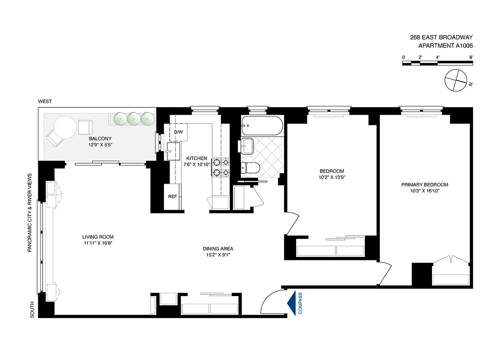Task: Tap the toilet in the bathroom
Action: click(x=250, y=168)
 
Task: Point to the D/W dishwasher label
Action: click(x=179, y=132)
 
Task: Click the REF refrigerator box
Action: click(x=172, y=197)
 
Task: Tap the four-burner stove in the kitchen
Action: click(x=221, y=167)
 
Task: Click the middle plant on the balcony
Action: click(x=134, y=119)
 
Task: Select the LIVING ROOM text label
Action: click(x=98, y=237)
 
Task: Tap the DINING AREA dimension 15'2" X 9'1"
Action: click(x=218, y=255)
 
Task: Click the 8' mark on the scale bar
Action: click(x=471, y=57)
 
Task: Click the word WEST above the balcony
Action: click(x=45, y=102)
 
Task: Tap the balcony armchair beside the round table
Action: click(x=85, y=127)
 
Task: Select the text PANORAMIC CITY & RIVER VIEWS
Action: click(x=30, y=212)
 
